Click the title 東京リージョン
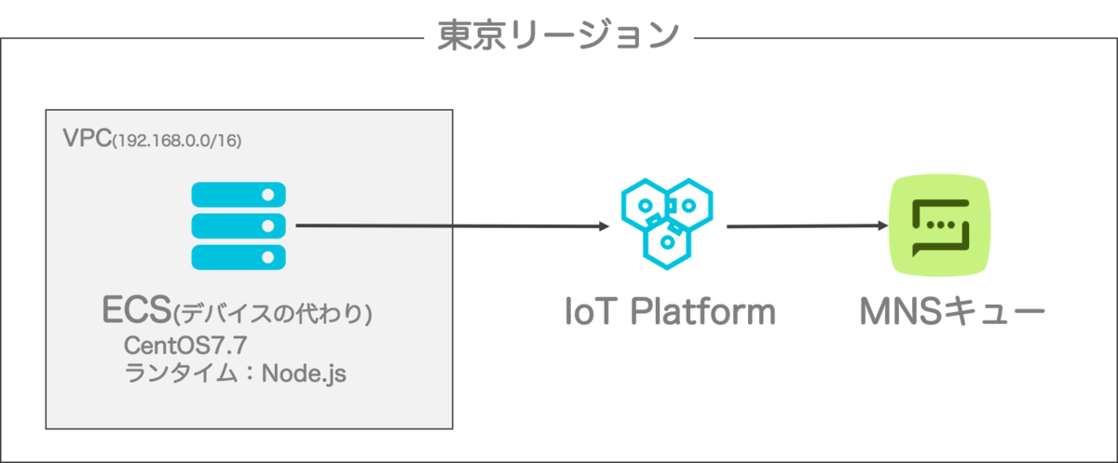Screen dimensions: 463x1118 click(558, 34)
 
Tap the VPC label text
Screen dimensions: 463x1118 click(87, 139)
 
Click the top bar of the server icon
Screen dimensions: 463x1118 click(239, 195)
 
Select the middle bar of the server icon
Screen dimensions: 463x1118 click(239, 225)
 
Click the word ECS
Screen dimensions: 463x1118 click(137, 311)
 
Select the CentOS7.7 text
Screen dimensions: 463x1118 click(184, 346)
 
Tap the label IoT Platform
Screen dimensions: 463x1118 click(670, 311)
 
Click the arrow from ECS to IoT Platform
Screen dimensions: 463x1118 click(447, 225)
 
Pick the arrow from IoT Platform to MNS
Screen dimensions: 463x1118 click(801, 225)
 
